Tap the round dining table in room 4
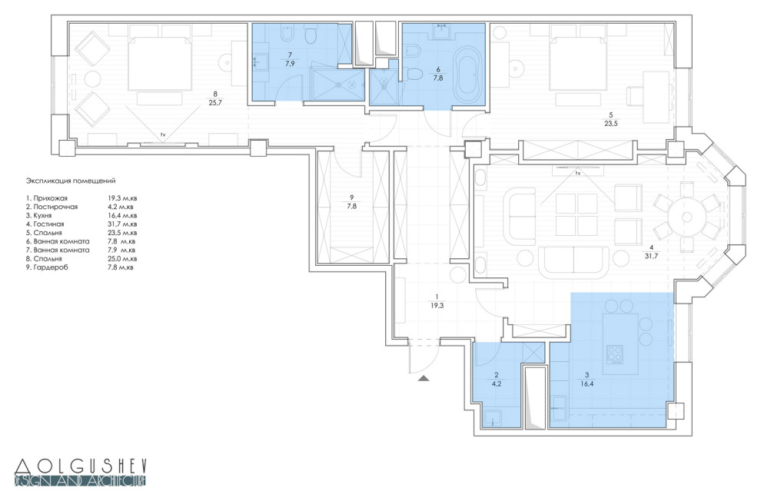[x=686, y=217]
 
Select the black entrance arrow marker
[x=424, y=378]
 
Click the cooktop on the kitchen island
[x=615, y=353]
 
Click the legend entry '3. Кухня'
[x=39, y=215]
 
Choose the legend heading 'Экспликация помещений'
[x=71, y=181]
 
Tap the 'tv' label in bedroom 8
[x=162, y=134]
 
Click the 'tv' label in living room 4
[x=577, y=173]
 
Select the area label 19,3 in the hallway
[x=437, y=306]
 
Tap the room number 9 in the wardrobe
[x=352, y=197]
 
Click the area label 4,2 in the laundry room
[x=496, y=383]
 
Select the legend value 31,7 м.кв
[x=122, y=224]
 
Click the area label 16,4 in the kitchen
[x=587, y=383]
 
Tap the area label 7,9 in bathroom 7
[x=291, y=63]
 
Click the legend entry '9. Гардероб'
[x=47, y=267]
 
